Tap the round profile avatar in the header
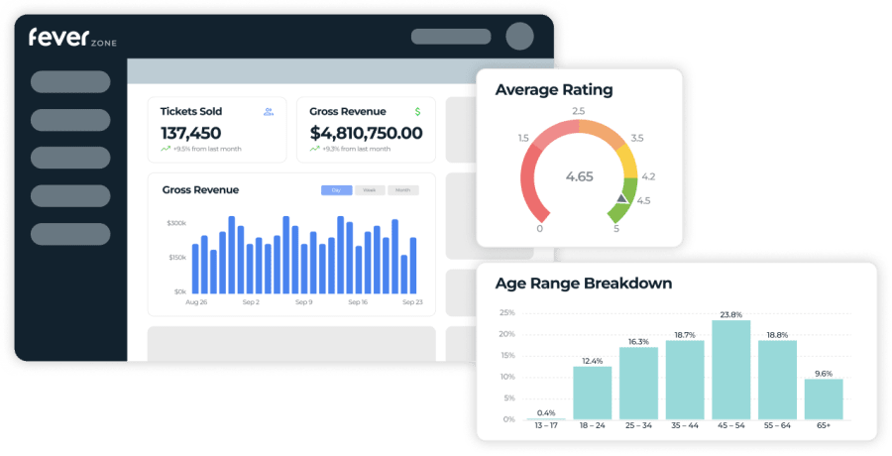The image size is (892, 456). (519, 37)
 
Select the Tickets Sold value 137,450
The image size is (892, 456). (190, 133)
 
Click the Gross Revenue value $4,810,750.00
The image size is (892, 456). (366, 133)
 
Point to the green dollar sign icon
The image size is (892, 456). (417, 112)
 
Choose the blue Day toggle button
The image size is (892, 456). (336, 190)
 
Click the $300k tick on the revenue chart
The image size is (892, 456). (176, 224)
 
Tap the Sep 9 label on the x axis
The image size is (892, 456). (302, 302)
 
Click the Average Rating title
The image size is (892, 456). (553, 90)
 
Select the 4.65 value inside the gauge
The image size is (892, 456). (579, 176)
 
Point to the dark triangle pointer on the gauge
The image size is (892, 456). (621, 199)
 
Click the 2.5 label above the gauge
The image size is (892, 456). (579, 111)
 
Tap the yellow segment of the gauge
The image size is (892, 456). (626, 160)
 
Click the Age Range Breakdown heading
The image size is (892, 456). (583, 284)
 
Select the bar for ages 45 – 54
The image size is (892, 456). (730, 369)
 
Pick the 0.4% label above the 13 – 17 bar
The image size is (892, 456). (546, 412)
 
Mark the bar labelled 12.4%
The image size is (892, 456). (593, 393)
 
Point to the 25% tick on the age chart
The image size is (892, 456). (506, 313)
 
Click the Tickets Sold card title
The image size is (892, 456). (190, 112)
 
